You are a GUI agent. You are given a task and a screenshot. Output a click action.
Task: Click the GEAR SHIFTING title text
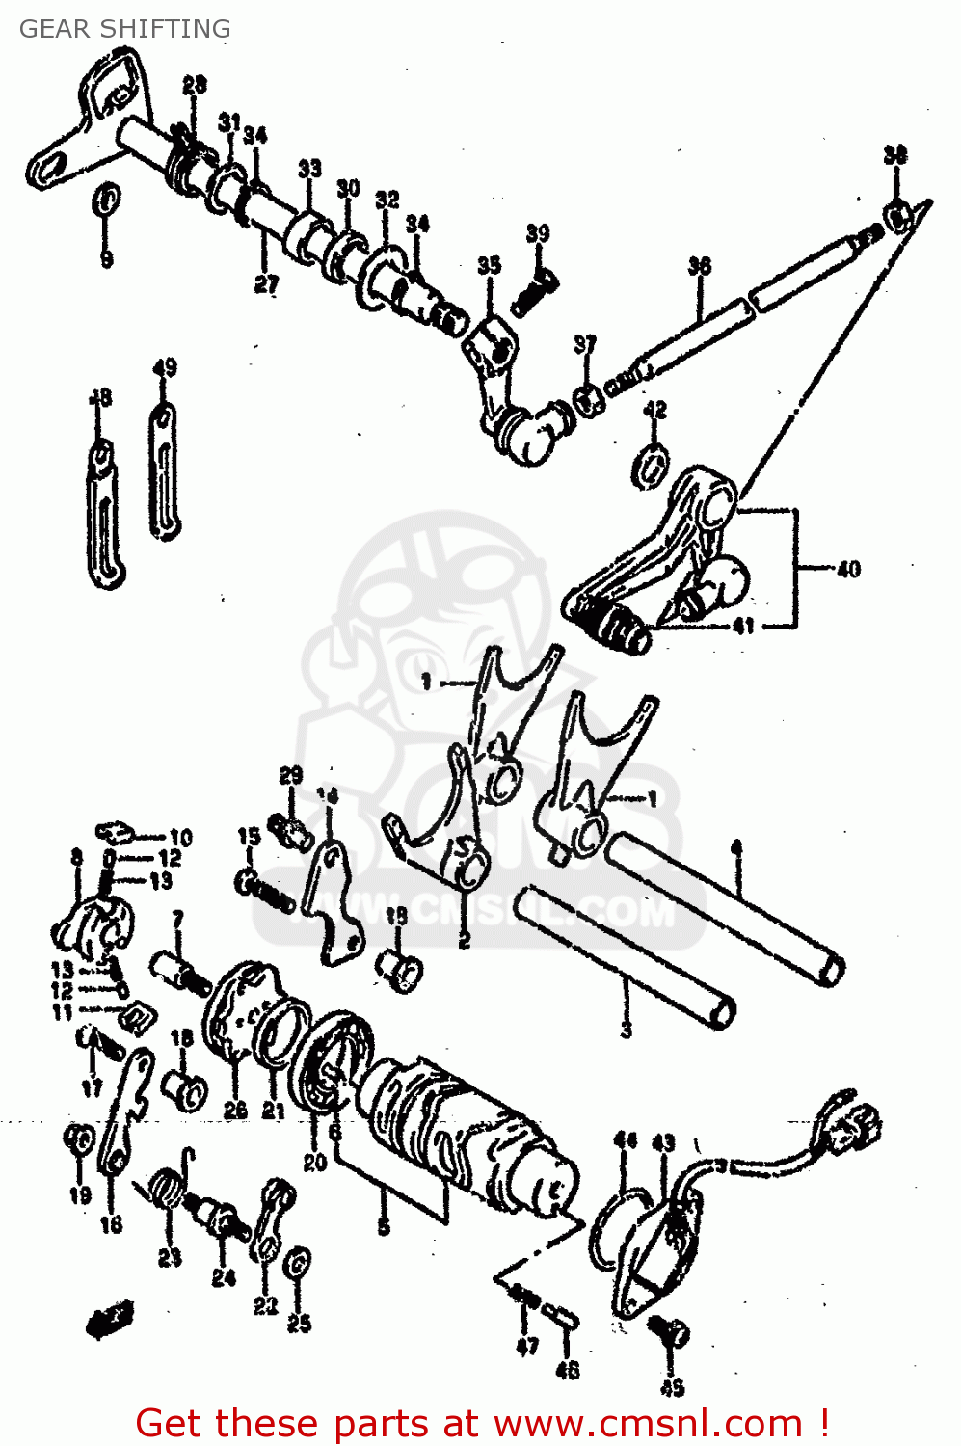(x=125, y=29)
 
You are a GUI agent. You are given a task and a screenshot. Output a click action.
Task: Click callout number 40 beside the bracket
(x=848, y=570)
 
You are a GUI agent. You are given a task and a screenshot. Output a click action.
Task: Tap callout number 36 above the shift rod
(x=700, y=266)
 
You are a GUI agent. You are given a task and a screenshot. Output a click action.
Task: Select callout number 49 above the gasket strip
(x=165, y=368)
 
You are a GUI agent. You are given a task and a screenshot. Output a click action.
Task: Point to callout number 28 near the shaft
(x=195, y=86)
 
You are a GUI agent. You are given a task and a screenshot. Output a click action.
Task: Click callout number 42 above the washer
(x=655, y=411)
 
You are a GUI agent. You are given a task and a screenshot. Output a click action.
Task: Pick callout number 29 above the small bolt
(x=291, y=776)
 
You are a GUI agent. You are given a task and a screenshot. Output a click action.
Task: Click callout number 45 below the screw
(x=672, y=1388)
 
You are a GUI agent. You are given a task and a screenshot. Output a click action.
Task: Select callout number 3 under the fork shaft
(x=627, y=1031)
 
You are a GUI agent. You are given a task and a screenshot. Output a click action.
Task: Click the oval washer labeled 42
(x=652, y=463)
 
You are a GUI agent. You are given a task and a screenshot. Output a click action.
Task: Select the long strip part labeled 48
(x=102, y=516)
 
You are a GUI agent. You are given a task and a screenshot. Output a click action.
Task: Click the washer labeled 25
(x=299, y=1261)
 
